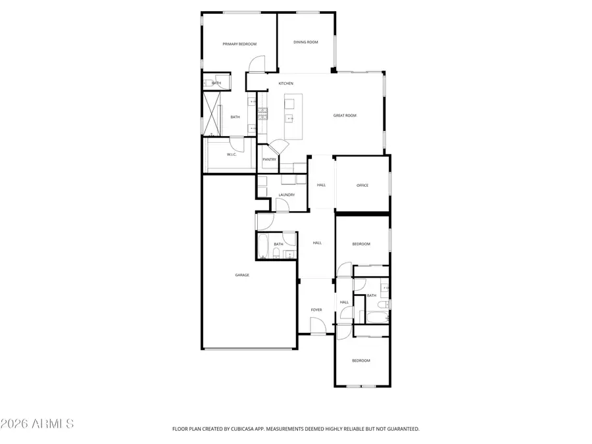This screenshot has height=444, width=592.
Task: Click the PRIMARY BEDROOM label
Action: click(x=239, y=44)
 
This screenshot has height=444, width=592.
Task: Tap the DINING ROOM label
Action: click(x=306, y=42)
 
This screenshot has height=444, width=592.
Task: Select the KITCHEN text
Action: click(x=285, y=84)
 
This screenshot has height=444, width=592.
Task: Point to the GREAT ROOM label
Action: click(x=345, y=116)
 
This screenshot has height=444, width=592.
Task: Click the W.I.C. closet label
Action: click(x=232, y=155)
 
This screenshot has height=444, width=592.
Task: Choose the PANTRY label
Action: click(x=269, y=159)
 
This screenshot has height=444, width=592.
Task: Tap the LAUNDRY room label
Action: click(x=286, y=195)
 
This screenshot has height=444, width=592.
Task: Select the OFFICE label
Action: click(x=362, y=185)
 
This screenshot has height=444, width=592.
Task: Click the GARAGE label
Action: click(x=242, y=275)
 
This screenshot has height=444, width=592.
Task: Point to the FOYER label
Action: click(x=316, y=309)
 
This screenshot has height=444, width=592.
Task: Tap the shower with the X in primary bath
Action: click(x=212, y=113)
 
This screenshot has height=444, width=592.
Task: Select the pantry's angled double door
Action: click(x=277, y=148)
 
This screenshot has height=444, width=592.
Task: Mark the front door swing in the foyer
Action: click(x=318, y=326)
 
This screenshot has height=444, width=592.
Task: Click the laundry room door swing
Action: click(x=282, y=205)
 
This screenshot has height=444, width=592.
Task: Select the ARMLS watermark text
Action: click(x=37, y=423)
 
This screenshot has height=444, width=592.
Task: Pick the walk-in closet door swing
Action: click(x=235, y=143)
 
